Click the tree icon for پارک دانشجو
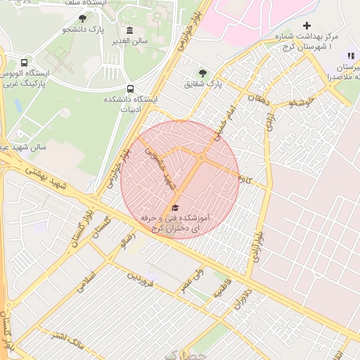coord(83,18)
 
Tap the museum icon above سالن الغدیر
coord(129,30)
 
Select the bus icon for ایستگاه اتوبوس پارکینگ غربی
coord(25,62)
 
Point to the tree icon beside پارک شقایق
coord(203,72)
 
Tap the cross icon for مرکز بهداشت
coord(306,25)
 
